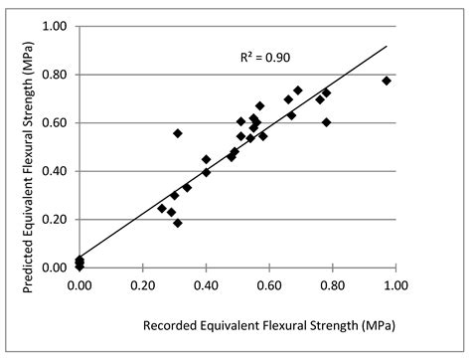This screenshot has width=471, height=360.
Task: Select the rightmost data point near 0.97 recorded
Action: [387, 81]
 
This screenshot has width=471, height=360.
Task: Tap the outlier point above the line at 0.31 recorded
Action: [178, 133]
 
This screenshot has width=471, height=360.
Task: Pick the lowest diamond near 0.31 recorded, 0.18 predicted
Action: [178, 223]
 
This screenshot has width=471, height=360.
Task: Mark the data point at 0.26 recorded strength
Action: [162, 208]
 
